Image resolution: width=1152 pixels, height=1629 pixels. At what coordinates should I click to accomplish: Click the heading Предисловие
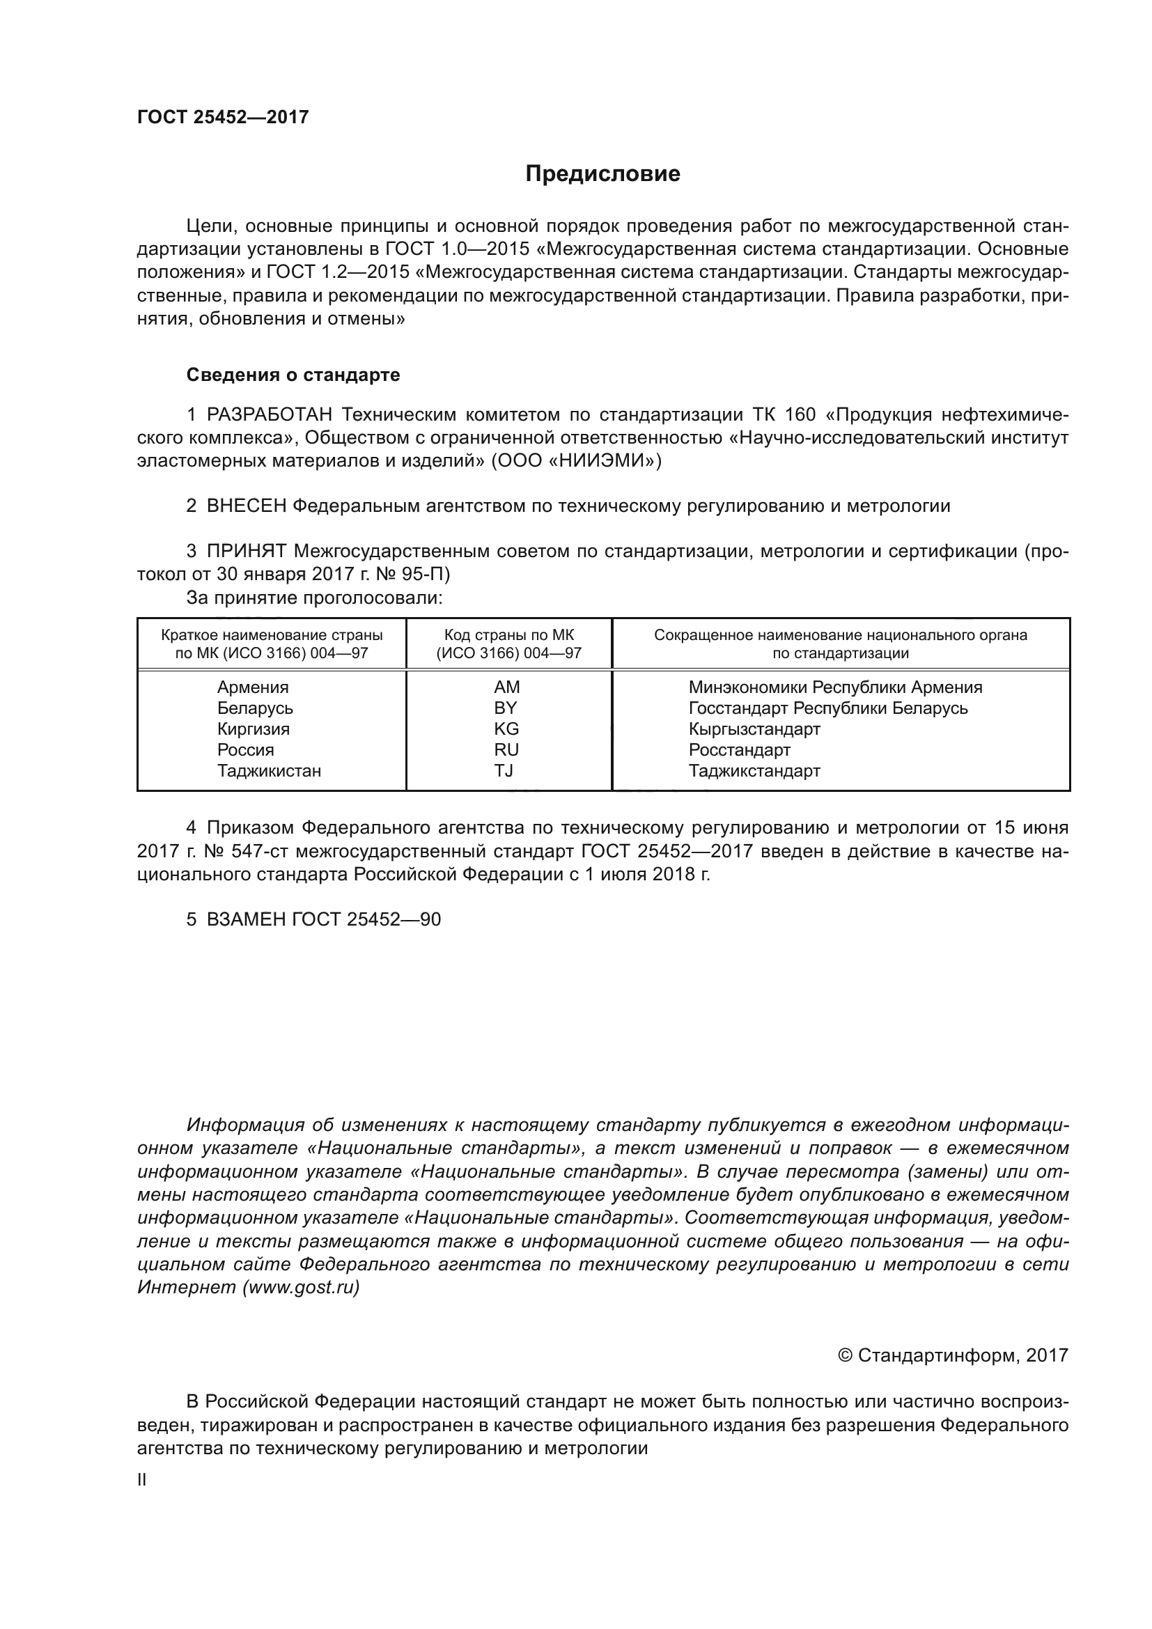pyautogui.click(x=602, y=174)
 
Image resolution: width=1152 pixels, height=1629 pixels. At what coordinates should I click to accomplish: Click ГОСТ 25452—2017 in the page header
pyautogui.click(x=223, y=117)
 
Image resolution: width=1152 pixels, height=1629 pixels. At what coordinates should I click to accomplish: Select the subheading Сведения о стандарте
pyautogui.click(x=293, y=375)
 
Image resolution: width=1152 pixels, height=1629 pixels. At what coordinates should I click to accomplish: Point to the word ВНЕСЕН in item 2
pyautogui.click(x=246, y=506)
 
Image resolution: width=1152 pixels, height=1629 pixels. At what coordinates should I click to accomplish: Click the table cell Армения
pyautogui.click(x=253, y=687)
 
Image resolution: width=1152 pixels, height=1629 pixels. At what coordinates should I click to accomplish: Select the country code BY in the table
pyautogui.click(x=506, y=708)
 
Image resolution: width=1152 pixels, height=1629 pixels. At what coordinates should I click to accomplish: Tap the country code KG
pyautogui.click(x=506, y=728)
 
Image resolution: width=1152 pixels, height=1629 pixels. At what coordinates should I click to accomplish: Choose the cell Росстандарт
pyautogui.click(x=739, y=750)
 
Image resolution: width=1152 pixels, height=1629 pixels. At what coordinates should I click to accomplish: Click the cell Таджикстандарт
pyautogui.click(x=754, y=770)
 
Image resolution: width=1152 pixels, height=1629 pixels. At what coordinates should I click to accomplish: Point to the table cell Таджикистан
pyautogui.click(x=269, y=770)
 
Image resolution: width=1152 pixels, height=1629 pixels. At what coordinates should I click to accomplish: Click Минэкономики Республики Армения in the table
pyautogui.click(x=835, y=687)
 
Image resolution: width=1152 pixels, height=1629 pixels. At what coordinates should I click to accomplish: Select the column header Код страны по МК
pyautogui.click(x=508, y=635)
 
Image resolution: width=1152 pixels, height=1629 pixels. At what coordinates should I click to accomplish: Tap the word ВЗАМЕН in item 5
pyautogui.click(x=246, y=919)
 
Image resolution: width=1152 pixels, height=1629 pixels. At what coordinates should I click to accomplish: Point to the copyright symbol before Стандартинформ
pyautogui.click(x=845, y=1356)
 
